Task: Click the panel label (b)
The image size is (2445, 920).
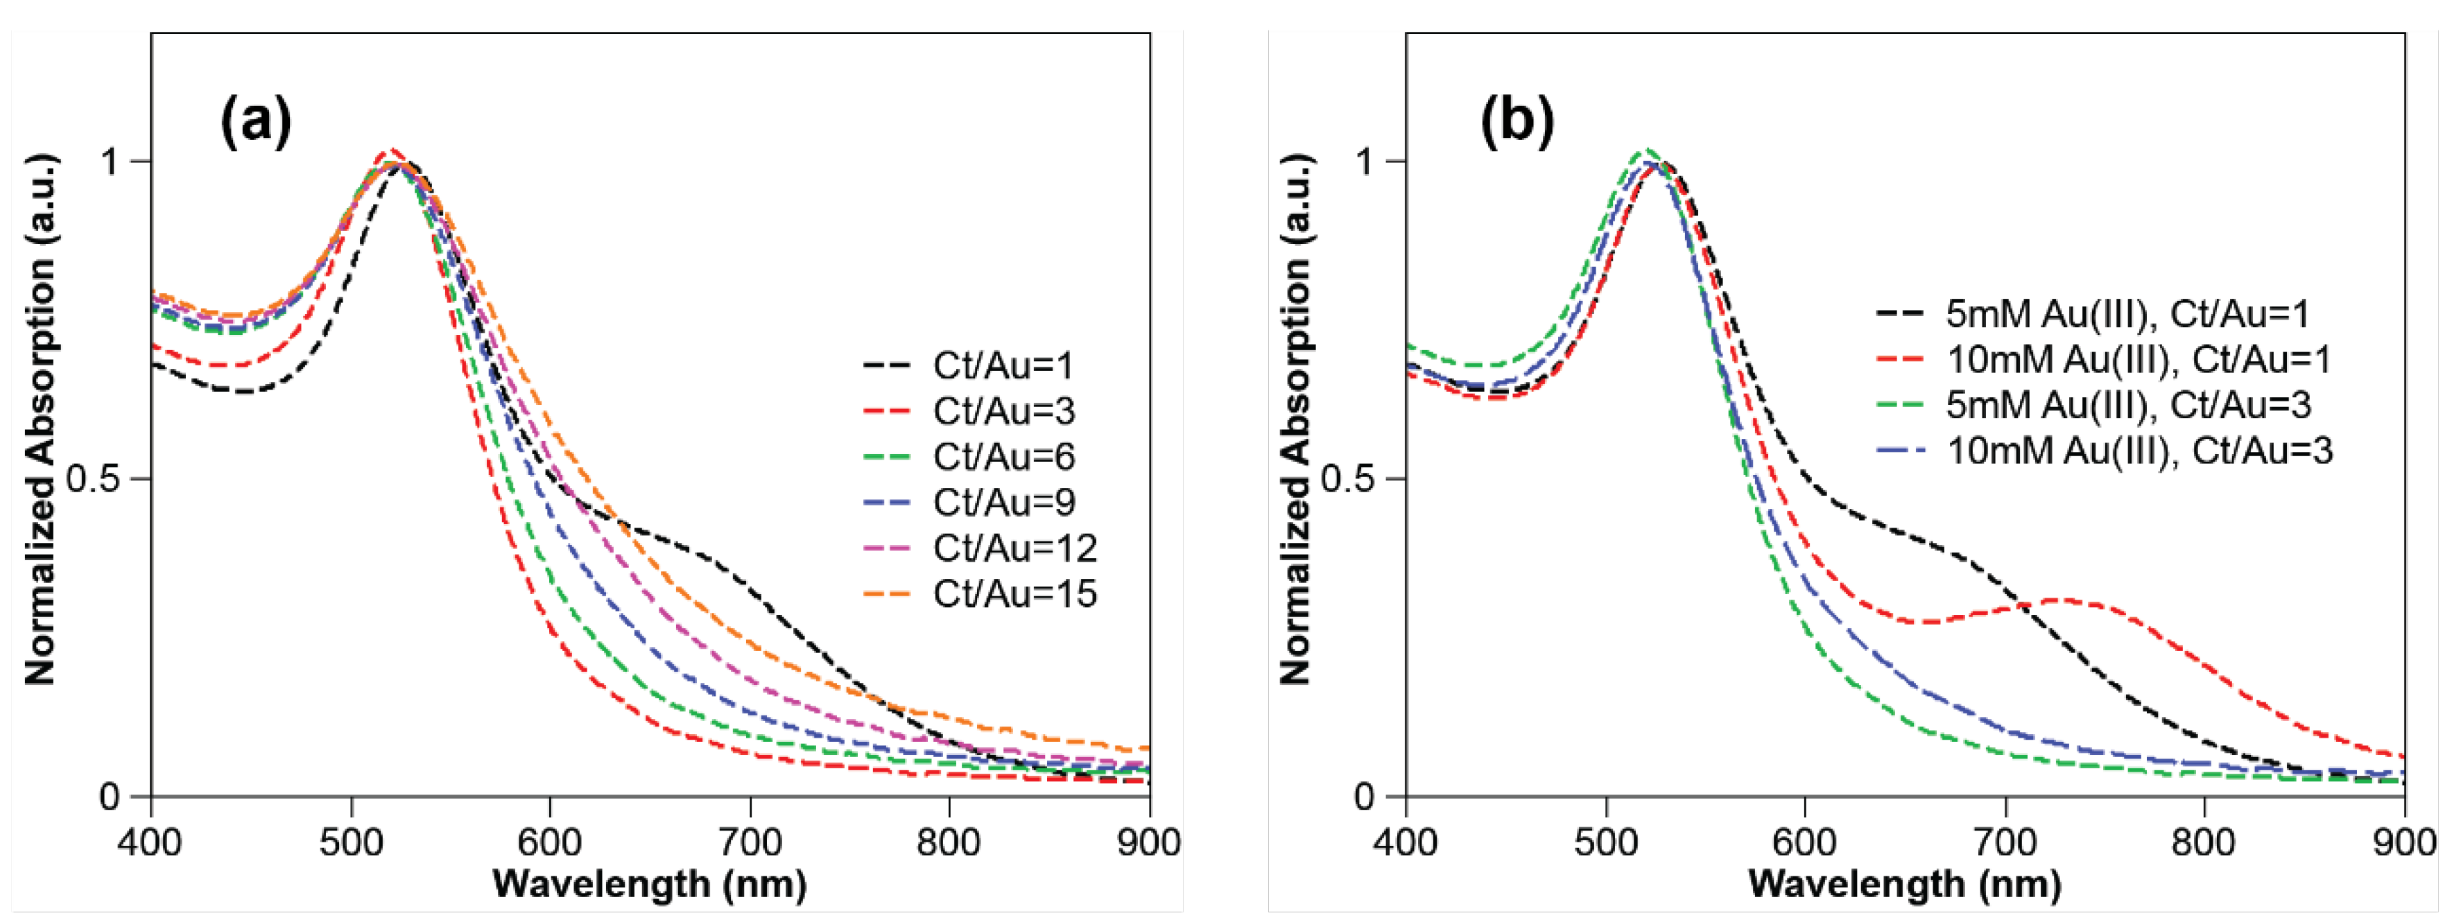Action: click(1517, 121)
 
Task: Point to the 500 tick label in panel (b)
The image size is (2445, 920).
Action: click(1606, 842)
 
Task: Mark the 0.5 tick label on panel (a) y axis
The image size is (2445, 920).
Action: click(95, 478)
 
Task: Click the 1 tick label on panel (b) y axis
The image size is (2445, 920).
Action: click(1364, 162)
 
